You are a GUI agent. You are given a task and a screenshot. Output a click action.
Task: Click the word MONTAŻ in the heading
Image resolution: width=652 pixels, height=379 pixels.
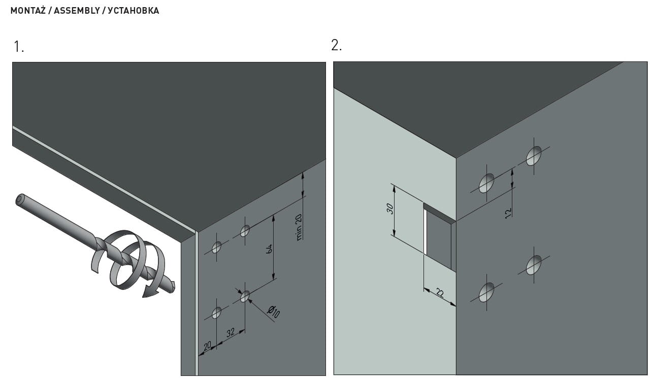pyautogui.click(x=28, y=11)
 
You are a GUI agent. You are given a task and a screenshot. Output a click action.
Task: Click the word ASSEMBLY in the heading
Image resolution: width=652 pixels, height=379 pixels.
pyautogui.click(x=77, y=11)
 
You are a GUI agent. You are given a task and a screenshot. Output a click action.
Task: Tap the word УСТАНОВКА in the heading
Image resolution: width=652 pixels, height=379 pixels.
pyautogui.click(x=134, y=11)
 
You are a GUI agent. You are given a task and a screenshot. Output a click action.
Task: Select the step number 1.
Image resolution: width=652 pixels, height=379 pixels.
pyautogui.click(x=19, y=47)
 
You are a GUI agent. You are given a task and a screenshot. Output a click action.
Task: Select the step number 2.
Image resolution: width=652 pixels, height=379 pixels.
pyautogui.click(x=337, y=46)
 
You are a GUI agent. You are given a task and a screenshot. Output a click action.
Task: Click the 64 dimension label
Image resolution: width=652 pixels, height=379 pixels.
pyautogui.click(x=270, y=249)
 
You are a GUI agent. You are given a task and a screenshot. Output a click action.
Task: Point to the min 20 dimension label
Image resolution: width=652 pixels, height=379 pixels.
pyautogui.click(x=299, y=227)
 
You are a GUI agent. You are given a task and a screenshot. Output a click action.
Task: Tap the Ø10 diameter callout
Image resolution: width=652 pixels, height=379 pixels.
pyautogui.click(x=273, y=312)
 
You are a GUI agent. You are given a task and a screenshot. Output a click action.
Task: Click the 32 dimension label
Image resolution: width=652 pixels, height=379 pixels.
pyautogui.click(x=230, y=332)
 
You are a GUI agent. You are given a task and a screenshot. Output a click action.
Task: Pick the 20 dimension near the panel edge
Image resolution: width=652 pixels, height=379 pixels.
pyautogui.click(x=207, y=346)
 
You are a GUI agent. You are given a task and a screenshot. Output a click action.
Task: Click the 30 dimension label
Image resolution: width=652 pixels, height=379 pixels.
pyautogui.click(x=390, y=209)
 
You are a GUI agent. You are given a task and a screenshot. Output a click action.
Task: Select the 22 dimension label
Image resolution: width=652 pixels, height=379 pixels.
pyautogui.click(x=440, y=293)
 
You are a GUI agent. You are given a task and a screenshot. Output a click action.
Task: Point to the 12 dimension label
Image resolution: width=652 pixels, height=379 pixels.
pyautogui.click(x=508, y=213)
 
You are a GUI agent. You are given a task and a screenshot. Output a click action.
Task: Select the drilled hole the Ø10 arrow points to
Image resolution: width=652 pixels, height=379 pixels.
pyautogui.click(x=245, y=296)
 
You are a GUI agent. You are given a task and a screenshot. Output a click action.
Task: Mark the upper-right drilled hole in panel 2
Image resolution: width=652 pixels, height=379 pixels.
pyautogui.click(x=534, y=156)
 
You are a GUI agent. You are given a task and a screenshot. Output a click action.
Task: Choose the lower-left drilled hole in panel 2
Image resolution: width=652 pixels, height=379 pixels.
pyautogui.click(x=486, y=292)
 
